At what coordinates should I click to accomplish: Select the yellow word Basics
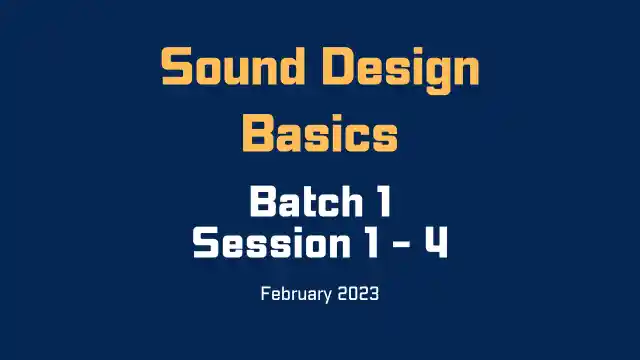tap(320, 132)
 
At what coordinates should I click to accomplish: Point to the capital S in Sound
tap(177, 69)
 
